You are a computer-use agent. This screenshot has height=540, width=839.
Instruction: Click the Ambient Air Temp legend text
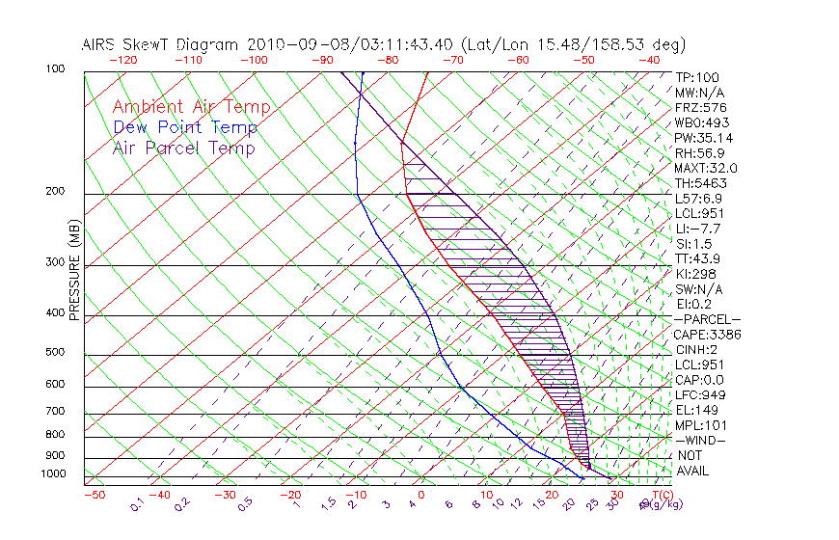tap(191, 107)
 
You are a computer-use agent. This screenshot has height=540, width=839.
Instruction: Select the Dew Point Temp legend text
tap(185, 127)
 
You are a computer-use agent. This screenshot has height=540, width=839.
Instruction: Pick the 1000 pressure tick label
tap(54, 474)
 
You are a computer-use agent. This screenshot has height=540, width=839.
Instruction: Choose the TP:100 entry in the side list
tap(697, 77)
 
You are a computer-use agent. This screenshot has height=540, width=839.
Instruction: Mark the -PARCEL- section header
tap(707, 319)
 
